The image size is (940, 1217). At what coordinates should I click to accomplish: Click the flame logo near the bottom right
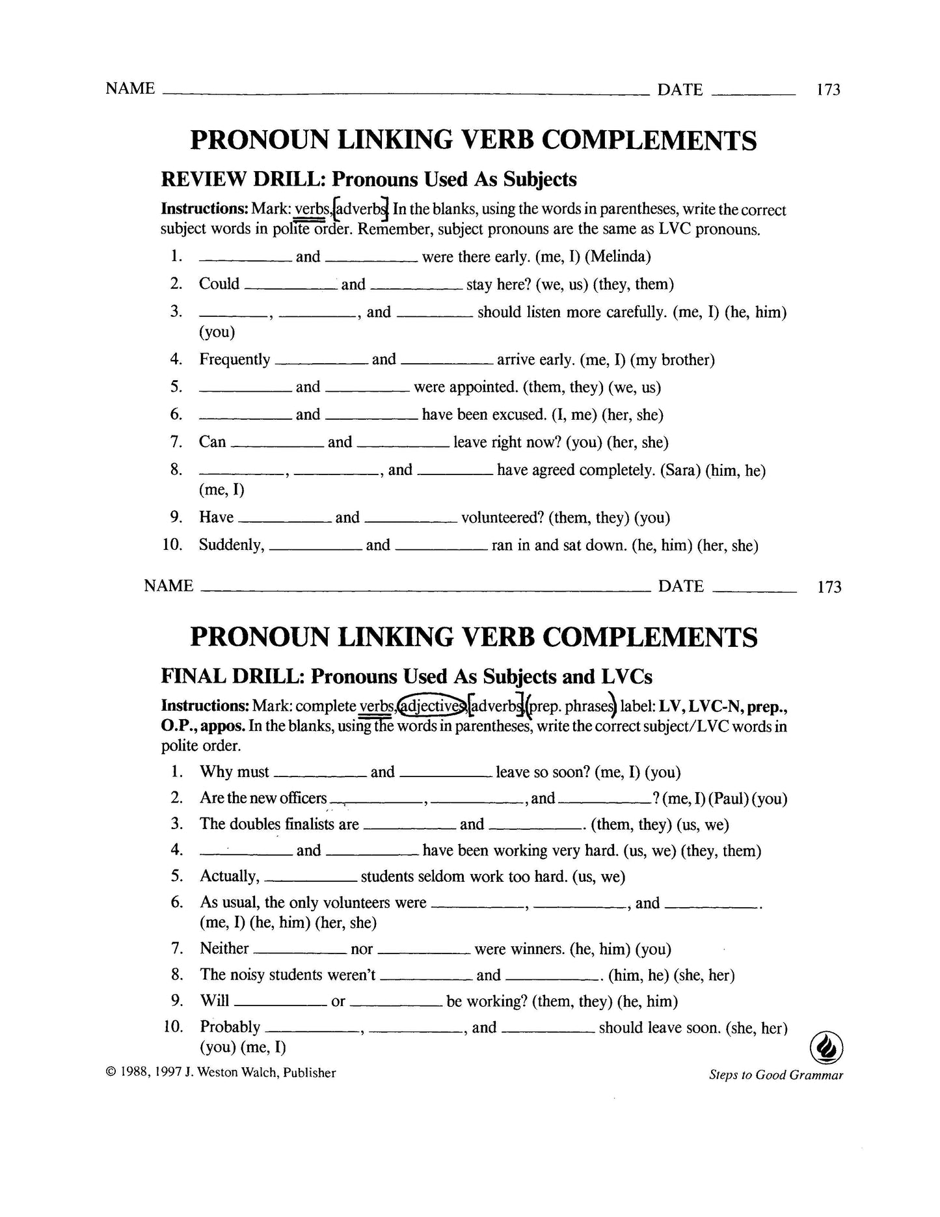pyautogui.click(x=826, y=1048)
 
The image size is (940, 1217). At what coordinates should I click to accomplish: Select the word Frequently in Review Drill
pyautogui.click(x=234, y=359)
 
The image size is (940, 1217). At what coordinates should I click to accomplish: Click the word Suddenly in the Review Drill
pyautogui.click(x=232, y=545)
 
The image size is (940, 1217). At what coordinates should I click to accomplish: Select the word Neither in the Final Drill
pyautogui.click(x=224, y=949)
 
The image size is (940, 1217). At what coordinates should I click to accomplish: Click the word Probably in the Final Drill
pyautogui.click(x=230, y=1027)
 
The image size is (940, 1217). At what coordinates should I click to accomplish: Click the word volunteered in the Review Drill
pyautogui.click(x=502, y=517)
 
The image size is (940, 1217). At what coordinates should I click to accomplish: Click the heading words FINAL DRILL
pyautogui.click(x=231, y=676)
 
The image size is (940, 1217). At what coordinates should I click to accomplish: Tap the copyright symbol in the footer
pyautogui.click(x=110, y=1073)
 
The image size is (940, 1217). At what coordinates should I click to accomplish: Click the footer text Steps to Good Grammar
pyautogui.click(x=775, y=1075)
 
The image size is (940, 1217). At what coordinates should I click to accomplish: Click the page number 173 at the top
pyautogui.click(x=828, y=90)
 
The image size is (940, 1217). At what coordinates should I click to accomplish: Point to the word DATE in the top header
pyautogui.click(x=680, y=90)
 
